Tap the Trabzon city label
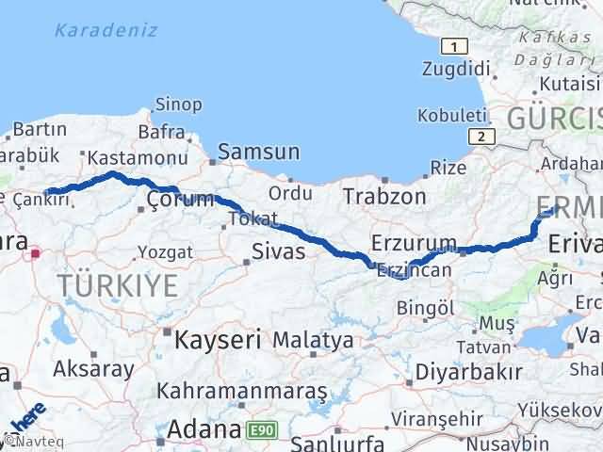[384, 196]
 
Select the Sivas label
[278, 251]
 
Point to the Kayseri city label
[212, 337]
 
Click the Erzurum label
[414, 243]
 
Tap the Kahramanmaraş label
[242, 390]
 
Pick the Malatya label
[314, 339]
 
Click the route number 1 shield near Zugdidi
[455, 47]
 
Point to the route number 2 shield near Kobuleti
[481, 137]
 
